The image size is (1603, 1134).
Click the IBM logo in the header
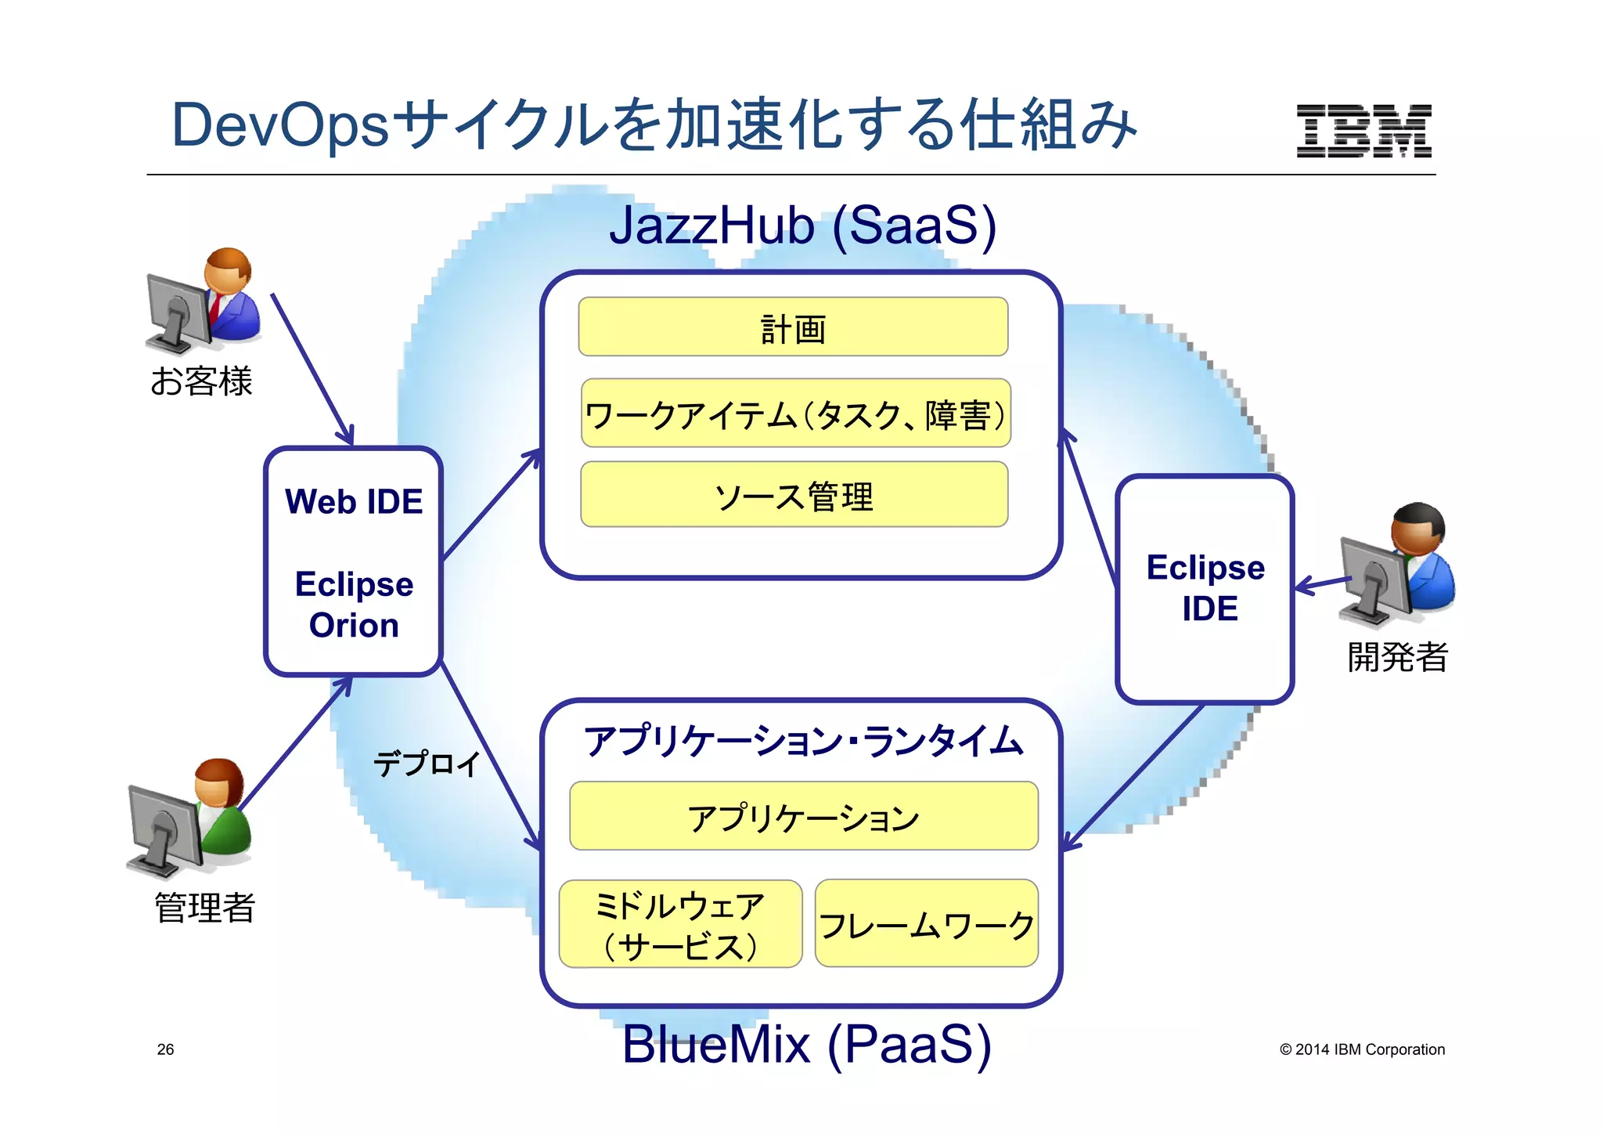pos(1363,131)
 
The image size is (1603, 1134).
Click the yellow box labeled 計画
pos(793,327)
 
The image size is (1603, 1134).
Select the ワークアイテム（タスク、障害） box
pos(795,414)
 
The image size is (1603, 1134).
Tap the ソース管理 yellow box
pos(794,495)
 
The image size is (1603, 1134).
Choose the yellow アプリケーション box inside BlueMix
pos(803,816)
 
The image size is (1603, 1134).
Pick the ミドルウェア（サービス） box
pos(680,924)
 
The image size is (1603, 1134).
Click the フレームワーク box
pos(926,924)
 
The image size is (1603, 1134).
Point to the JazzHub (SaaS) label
pos(802,226)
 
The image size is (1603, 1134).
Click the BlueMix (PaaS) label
pos(806,1044)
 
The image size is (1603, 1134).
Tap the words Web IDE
pos(354,501)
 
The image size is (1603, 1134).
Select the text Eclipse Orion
pos(354,605)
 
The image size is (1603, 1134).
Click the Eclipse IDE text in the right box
pos(1205,587)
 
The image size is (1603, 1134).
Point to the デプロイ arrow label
pos(427,763)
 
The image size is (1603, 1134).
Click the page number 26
pos(165,1049)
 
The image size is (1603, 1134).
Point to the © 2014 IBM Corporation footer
pos(1362,1049)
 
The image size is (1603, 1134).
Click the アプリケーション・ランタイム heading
pos(803,741)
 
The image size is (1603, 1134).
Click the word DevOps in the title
pos(279,125)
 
